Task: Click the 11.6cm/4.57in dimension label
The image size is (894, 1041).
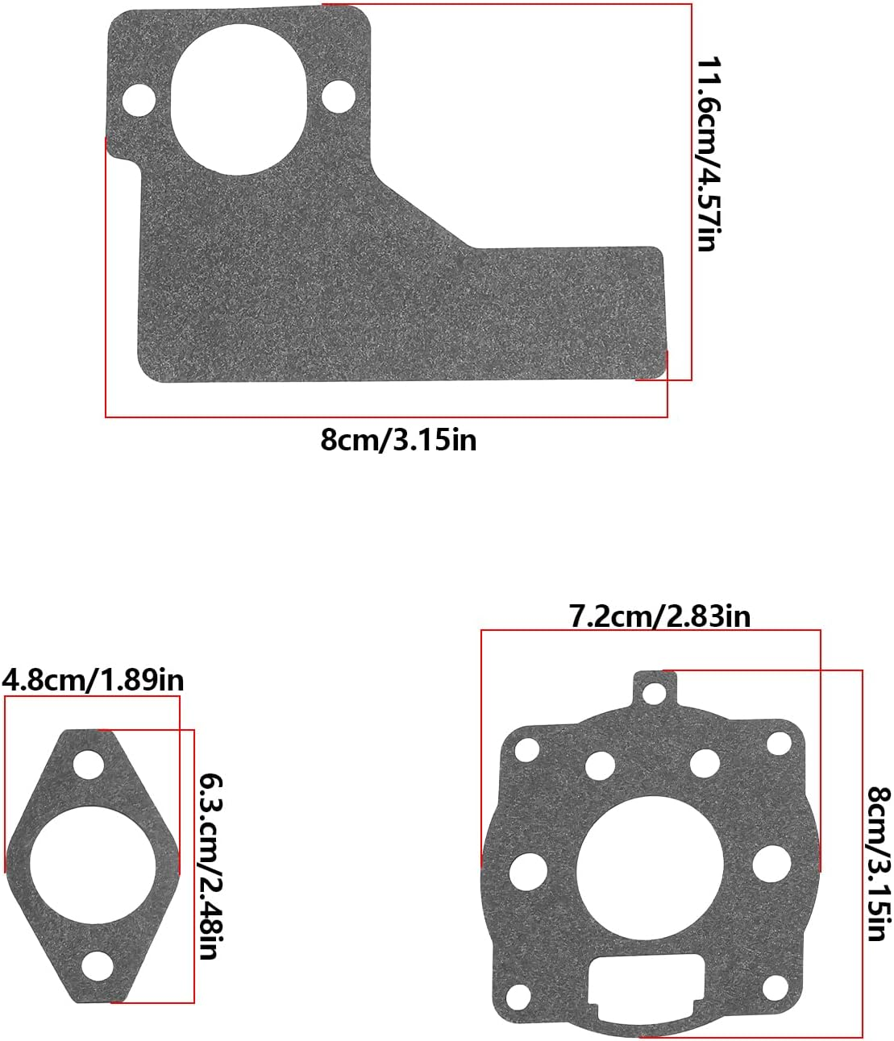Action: tap(707, 154)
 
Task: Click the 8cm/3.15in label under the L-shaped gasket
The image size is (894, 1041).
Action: tap(398, 441)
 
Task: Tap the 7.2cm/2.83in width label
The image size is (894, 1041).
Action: tap(659, 616)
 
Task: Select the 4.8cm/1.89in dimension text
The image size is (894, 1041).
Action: tap(93, 680)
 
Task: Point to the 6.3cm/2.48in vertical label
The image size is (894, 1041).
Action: tap(210, 866)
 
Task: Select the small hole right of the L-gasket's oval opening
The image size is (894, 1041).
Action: tap(339, 97)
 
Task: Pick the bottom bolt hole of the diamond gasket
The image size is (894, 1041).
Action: tap(98, 965)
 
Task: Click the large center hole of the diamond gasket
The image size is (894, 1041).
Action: tap(92, 865)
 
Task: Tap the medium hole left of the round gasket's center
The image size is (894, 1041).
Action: tap(529, 871)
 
